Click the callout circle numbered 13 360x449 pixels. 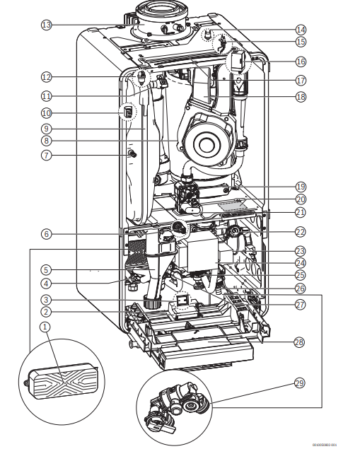[47, 25]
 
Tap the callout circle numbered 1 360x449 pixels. [47, 327]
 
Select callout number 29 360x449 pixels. [301, 383]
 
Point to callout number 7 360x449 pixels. [47, 155]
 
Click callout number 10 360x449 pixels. [47, 112]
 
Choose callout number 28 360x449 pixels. [301, 342]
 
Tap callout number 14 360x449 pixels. [301, 30]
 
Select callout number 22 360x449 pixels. [301, 232]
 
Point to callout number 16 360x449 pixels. [301, 62]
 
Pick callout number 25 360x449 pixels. [301, 274]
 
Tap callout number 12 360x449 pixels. [47, 76]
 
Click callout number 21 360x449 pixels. [301, 212]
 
